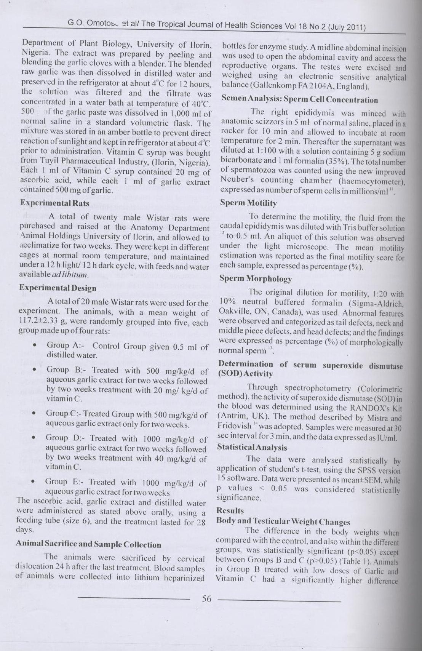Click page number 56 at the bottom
click(x=206, y=598)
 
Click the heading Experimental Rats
click(x=55, y=203)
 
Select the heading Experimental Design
click(x=58, y=288)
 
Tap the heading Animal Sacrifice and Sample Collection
click(x=88, y=544)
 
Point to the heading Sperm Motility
click(x=248, y=203)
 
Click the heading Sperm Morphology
click(x=256, y=278)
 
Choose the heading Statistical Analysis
click(x=252, y=447)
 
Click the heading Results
click(x=230, y=510)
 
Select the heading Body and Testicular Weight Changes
click(x=283, y=522)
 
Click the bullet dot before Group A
click(x=35, y=346)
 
